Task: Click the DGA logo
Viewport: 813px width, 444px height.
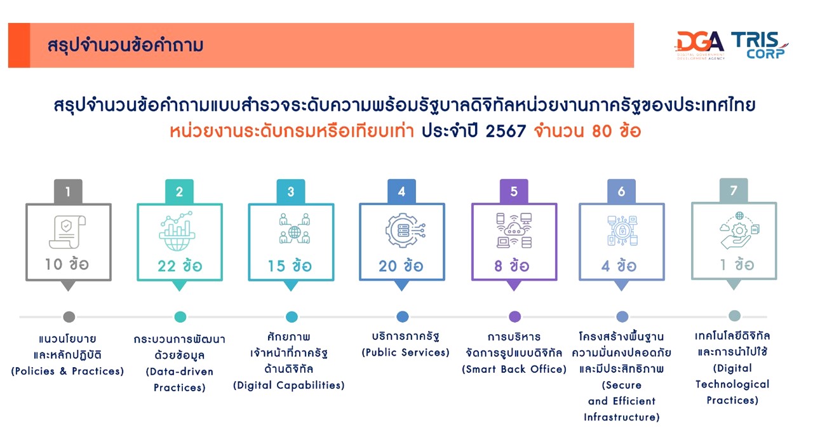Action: [700, 45]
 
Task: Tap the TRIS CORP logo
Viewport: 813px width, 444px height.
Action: [759, 45]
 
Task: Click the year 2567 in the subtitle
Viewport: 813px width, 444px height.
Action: [506, 131]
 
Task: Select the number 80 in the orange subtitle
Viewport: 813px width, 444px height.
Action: [602, 131]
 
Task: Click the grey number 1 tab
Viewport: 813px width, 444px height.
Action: [68, 191]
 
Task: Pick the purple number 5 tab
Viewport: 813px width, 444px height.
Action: [514, 191]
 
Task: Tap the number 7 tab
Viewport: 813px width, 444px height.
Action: [734, 190]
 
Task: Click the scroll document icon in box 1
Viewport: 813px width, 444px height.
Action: [67, 232]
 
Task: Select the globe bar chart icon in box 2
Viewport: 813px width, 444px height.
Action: [177, 231]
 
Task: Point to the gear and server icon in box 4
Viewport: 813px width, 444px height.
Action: [405, 231]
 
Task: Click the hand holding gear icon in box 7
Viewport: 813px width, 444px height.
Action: [739, 231]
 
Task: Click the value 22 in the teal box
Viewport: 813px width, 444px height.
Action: [166, 266]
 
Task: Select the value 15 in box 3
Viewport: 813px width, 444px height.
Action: [276, 266]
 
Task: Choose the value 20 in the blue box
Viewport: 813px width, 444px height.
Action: [388, 266]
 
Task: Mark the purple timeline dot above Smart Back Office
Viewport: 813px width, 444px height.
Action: [514, 316]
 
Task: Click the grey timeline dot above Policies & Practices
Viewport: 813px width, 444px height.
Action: [69, 317]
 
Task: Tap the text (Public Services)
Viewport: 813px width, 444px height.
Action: [405, 353]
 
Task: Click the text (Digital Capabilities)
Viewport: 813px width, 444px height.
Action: [289, 385]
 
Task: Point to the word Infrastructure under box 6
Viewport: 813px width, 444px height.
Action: [622, 417]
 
